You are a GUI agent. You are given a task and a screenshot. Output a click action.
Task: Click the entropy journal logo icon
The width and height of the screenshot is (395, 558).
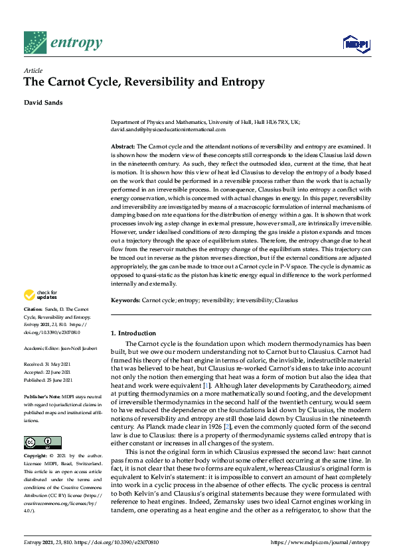pyautogui.click(x=34, y=42)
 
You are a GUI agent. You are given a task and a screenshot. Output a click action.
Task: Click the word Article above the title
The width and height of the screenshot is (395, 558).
pyautogui.click(x=33, y=70)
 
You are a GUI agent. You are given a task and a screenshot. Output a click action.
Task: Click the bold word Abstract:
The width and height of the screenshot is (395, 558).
pyautogui.click(x=123, y=145)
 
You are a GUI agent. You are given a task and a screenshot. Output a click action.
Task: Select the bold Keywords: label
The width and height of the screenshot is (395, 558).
pyautogui.click(x=125, y=300)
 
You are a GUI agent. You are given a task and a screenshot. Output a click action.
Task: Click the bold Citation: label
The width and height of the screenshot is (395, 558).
pyautogui.click(x=35, y=309)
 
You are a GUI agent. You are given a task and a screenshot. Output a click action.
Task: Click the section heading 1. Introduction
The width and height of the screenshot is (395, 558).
pyautogui.click(x=132, y=333)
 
